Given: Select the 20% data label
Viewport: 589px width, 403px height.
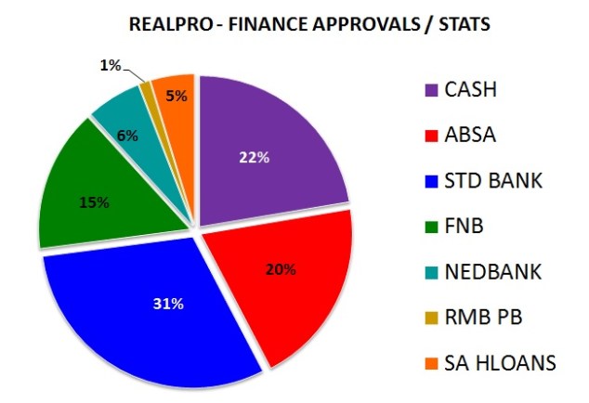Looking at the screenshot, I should tap(281, 269).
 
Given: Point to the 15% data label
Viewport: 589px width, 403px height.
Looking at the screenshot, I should tap(93, 201).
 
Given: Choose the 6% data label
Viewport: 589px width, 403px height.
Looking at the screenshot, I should tap(127, 136).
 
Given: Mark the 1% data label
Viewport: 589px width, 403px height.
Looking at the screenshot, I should tap(111, 64).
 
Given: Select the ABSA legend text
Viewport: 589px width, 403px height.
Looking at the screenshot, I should tap(471, 136).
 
